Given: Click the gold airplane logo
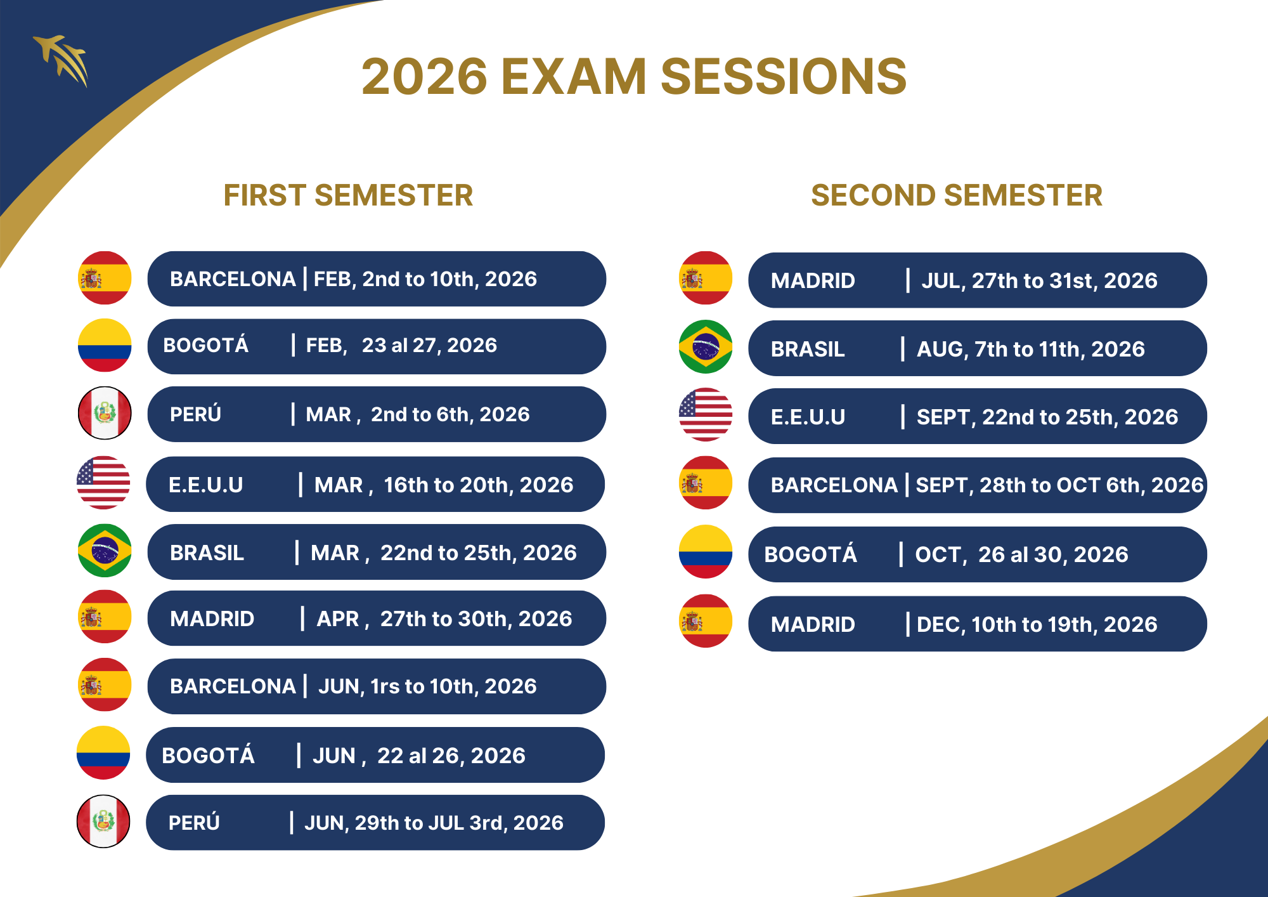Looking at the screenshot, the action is click(61, 60).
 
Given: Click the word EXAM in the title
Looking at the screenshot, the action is click(574, 77).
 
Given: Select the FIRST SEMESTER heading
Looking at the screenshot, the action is click(348, 195).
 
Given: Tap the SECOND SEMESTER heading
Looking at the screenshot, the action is click(957, 195).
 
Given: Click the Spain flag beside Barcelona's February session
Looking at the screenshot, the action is click(105, 278).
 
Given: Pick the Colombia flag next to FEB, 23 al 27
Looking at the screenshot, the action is click(105, 345).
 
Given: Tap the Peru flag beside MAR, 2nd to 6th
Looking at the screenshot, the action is click(105, 413).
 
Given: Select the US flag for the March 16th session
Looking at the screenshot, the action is click(103, 483).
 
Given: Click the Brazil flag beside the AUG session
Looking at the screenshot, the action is click(706, 347).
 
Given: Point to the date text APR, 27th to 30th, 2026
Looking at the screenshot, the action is click(444, 619).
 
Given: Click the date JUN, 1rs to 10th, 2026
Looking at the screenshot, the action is click(427, 686).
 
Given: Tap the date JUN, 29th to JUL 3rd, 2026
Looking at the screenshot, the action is click(434, 823).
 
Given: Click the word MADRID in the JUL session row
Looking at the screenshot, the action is click(813, 281).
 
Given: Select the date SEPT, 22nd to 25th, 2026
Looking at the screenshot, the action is click(1047, 417).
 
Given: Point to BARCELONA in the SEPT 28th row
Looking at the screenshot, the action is click(834, 485).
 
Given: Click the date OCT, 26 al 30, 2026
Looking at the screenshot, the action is click(1021, 554).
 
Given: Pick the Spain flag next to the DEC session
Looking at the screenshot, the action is click(706, 621).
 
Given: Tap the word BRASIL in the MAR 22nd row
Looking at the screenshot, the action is click(207, 553).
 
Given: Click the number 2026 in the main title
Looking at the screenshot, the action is click(424, 77).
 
